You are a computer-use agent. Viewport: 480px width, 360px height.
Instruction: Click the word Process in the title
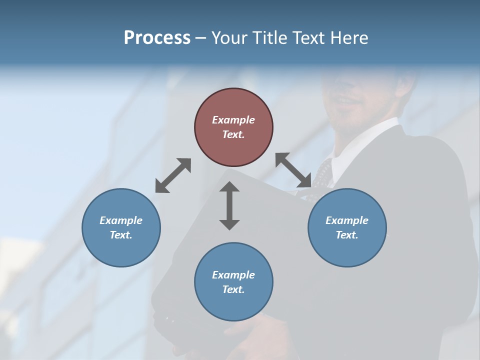click(157, 38)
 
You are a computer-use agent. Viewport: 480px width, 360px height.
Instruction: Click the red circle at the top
click(233, 127)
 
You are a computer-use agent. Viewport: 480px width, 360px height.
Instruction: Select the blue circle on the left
click(121, 227)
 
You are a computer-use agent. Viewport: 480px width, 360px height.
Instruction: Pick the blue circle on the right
click(347, 227)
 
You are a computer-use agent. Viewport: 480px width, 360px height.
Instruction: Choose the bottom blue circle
click(233, 282)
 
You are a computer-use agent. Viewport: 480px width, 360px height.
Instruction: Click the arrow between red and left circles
click(173, 175)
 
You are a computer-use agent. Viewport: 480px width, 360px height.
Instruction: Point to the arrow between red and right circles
click(293, 170)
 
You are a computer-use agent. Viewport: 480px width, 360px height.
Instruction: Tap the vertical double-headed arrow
click(229, 205)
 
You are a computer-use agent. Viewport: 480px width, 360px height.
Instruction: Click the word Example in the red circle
click(233, 120)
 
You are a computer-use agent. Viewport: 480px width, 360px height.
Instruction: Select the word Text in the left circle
click(121, 235)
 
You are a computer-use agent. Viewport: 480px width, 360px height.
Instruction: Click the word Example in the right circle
click(347, 220)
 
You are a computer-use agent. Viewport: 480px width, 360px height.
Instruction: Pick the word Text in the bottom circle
click(233, 289)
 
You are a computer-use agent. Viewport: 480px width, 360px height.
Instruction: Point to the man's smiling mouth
click(347, 102)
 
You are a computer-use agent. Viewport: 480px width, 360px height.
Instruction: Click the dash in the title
click(201, 38)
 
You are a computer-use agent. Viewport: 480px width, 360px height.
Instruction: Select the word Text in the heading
click(312, 38)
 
